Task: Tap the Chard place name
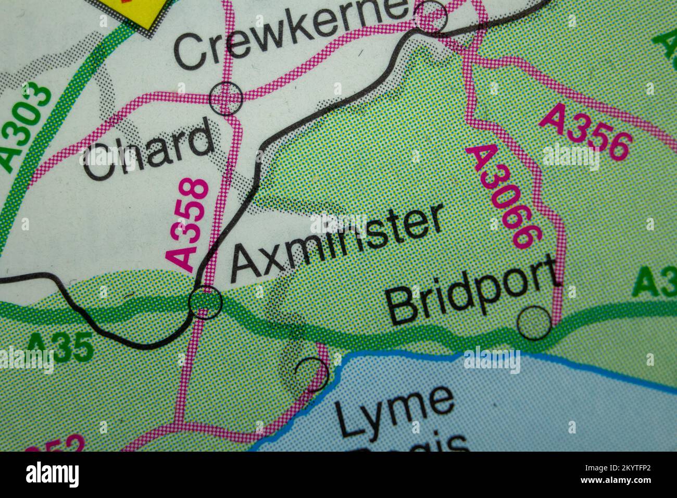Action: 148,149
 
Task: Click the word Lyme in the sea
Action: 393,412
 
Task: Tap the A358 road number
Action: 189,225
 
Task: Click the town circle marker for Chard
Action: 226,98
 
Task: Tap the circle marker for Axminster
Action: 205,302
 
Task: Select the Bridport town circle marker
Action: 534,323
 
